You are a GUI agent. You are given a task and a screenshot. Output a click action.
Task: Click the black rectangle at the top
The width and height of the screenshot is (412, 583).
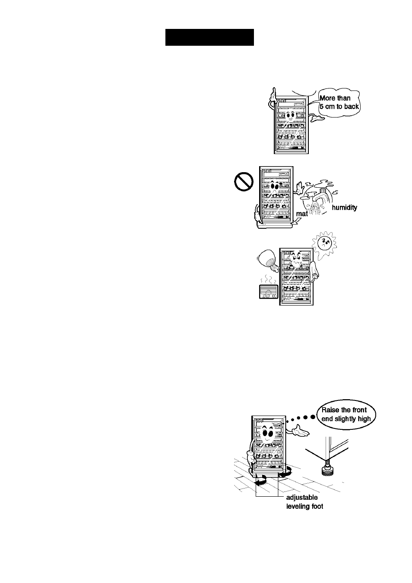point(209,37)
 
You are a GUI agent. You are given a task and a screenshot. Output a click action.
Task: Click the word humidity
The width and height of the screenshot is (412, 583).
point(344,208)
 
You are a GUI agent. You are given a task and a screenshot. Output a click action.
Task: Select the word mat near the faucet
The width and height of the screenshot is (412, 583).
point(302,214)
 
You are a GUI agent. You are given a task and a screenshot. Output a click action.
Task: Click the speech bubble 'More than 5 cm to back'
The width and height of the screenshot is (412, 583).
point(339,103)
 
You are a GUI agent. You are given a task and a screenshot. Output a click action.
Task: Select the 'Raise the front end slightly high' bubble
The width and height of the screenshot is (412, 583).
point(346,414)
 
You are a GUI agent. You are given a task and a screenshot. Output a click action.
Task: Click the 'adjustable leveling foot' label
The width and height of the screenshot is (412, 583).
point(304,501)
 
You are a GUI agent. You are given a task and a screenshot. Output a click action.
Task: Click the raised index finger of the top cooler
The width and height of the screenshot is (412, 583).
point(273,93)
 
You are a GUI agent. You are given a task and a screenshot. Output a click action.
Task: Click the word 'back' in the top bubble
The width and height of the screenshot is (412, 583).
point(352,107)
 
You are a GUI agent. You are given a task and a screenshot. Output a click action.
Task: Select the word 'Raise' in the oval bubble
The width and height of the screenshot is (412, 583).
point(330,410)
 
